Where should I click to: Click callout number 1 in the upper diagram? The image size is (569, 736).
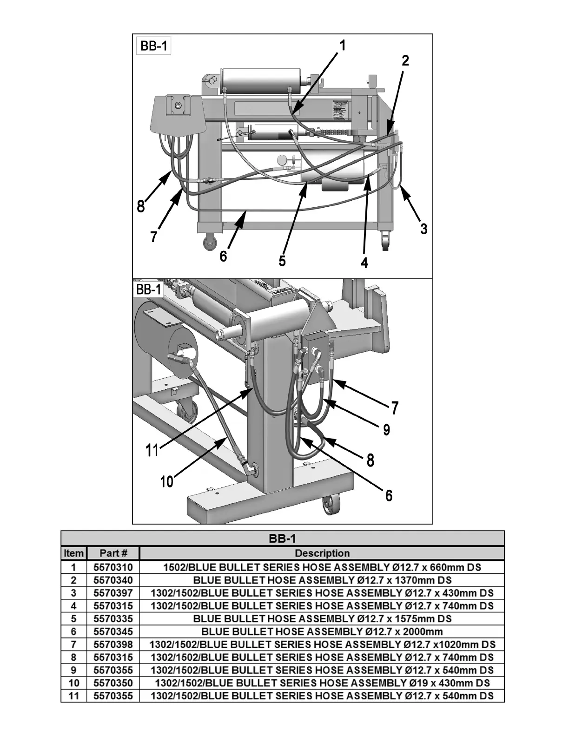[x=343, y=46]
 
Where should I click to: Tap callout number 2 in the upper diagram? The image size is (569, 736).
[x=405, y=60]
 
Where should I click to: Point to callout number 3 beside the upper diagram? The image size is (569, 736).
[x=423, y=229]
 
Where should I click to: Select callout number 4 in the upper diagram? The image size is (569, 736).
[x=364, y=263]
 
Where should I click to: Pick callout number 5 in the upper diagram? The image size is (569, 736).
[x=282, y=261]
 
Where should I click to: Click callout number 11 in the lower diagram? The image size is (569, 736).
[x=152, y=450]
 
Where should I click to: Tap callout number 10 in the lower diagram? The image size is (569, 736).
[x=166, y=481]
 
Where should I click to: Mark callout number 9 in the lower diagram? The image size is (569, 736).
[x=386, y=430]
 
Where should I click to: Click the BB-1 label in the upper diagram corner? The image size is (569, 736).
[x=153, y=47]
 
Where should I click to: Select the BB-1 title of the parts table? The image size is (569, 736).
[x=282, y=539]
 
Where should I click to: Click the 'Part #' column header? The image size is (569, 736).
[x=113, y=553]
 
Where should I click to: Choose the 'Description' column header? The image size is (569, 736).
[x=322, y=553]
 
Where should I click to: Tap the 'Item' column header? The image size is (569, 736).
[x=73, y=553]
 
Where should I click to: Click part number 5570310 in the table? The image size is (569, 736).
[x=113, y=567]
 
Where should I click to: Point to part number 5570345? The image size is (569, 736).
[x=113, y=631]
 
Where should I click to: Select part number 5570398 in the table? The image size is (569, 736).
[x=113, y=644]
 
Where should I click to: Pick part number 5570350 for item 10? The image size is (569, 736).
[x=113, y=683]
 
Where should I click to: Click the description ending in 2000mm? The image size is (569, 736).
[x=322, y=631]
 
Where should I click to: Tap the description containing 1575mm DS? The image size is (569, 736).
[x=322, y=619]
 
